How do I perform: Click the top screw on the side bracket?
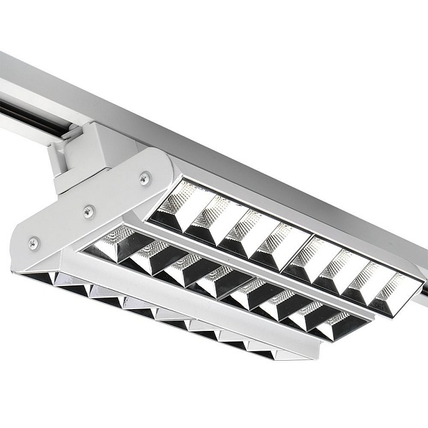pos(144,178)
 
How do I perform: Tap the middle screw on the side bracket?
pos(89,211)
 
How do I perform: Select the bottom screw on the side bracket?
pos(33,243)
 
